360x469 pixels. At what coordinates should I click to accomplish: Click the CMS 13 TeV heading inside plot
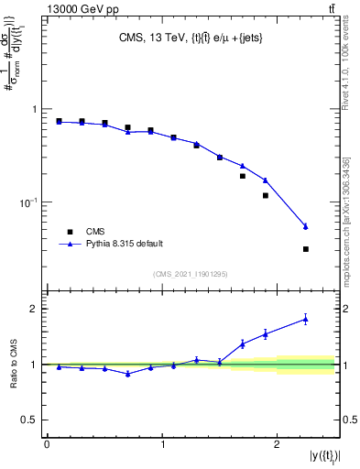click(191, 38)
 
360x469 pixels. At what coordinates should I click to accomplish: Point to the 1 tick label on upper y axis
click(34, 109)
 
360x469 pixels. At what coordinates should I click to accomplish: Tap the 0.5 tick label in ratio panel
click(29, 420)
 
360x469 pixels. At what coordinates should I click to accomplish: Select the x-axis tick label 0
click(46, 443)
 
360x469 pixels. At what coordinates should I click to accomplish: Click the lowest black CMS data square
click(306, 248)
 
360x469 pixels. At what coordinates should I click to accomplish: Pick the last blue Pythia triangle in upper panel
click(306, 226)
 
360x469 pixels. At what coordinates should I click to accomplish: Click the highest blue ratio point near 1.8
click(306, 319)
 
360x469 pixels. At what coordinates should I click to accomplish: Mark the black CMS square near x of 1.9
click(266, 195)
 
